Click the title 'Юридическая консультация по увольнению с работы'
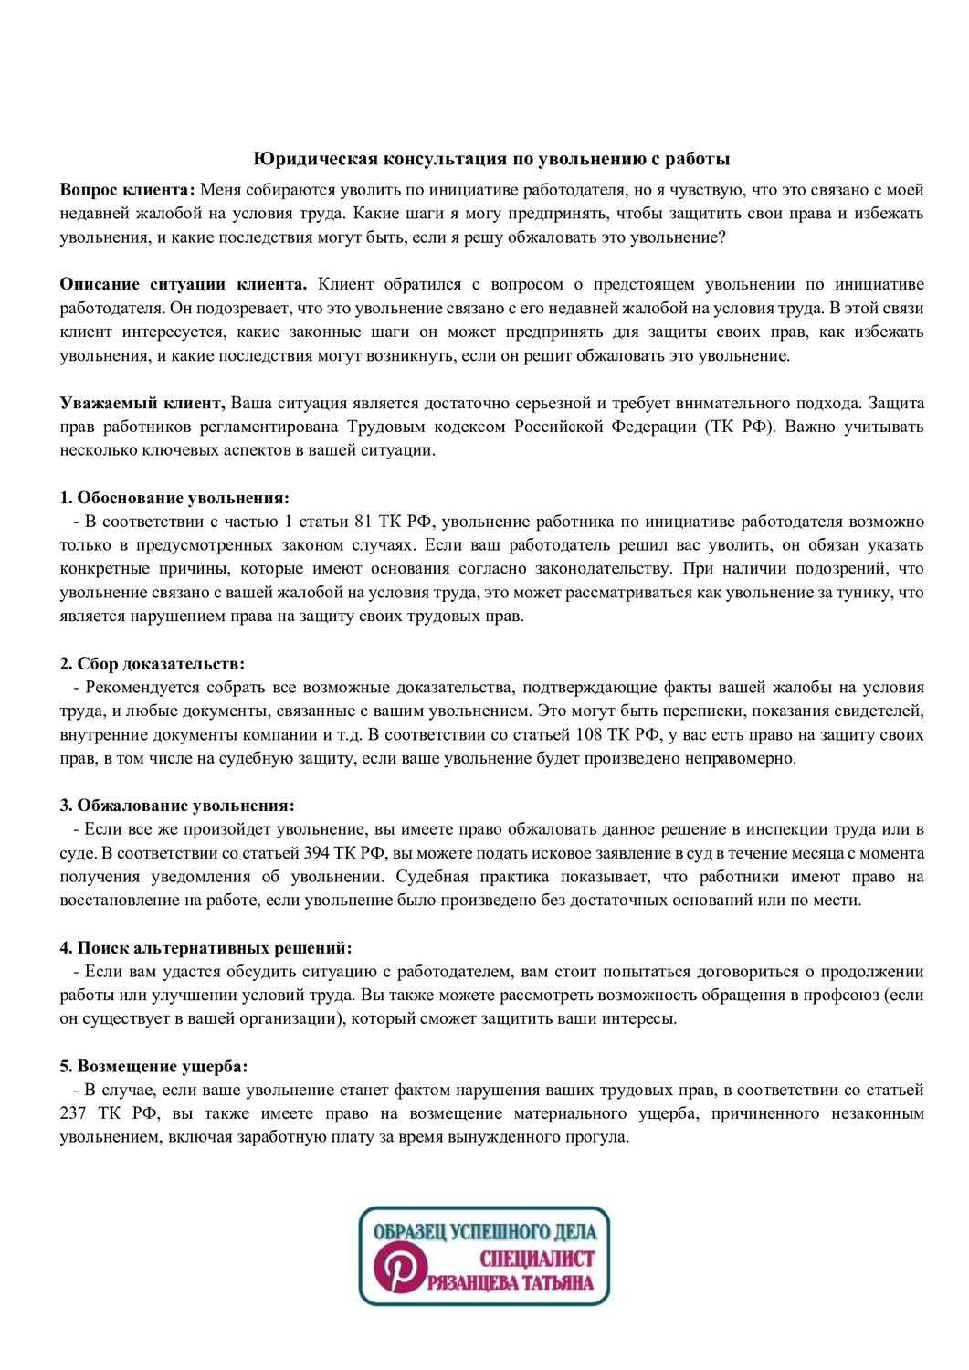tap(491, 159)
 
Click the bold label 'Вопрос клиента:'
tap(127, 190)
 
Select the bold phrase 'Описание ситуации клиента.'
tap(183, 284)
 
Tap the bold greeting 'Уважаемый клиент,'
tap(142, 403)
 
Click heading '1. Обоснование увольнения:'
tap(174, 498)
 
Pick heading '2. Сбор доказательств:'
tap(153, 664)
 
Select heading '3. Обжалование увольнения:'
tap(177, 806)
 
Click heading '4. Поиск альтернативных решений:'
tap(205, 948)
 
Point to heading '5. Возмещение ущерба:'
tap(153, 1066)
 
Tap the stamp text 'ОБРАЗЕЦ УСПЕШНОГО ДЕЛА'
tap(484, 1231)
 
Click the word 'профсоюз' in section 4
tap(835, 996)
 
